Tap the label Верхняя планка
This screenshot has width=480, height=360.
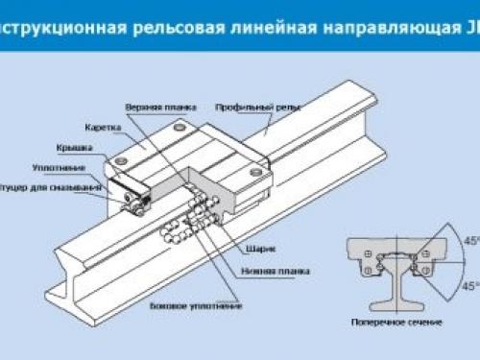156,107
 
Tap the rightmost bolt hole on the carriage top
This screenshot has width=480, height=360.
255,173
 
